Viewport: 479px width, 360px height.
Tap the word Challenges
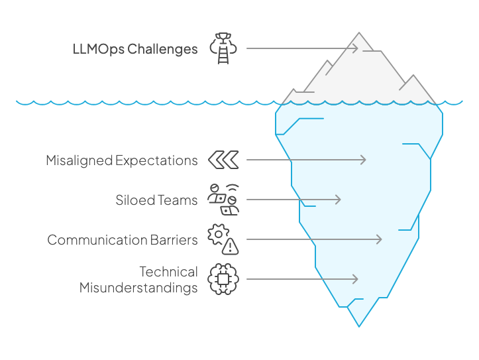tap(162, 49)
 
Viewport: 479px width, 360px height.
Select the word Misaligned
tap(79, 160)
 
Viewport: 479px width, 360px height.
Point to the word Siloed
tap(134, 200)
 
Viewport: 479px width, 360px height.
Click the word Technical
tap(168, 272)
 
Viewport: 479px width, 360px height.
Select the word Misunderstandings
tap(138, 288)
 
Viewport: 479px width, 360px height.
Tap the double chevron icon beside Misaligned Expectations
tap(223, 160)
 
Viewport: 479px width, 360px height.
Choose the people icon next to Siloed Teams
tap(223, 199)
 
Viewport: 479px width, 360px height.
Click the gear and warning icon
tap(223, 239)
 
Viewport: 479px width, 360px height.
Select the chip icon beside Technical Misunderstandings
tap(223, 279)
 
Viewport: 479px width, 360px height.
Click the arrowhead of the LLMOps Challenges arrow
tap(356, 48)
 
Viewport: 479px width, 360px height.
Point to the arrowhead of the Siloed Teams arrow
tap(339, 200)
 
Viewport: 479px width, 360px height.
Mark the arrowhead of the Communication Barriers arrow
tap(380, 239)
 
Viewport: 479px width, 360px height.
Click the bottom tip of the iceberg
tap(359, 326)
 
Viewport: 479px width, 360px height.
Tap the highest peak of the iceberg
tap(359, 32)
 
